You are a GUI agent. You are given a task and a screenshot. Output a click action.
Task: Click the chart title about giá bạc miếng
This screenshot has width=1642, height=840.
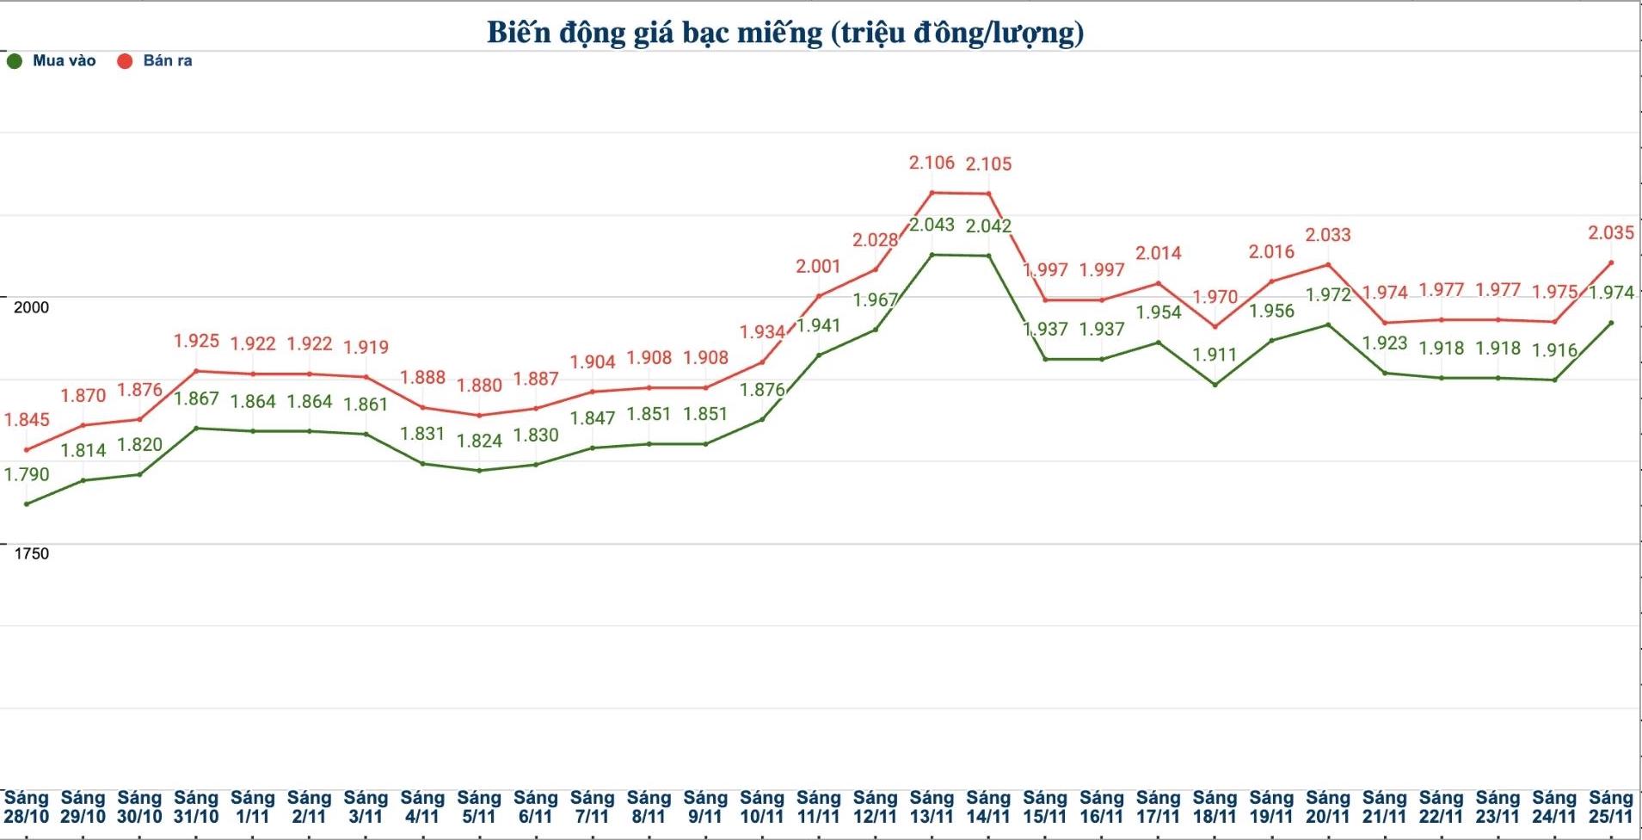pos(784,33)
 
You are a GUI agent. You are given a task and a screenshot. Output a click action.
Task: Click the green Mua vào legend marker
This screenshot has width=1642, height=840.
pos(15,61)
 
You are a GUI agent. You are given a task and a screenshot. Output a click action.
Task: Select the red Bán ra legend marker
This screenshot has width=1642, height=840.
pos(125,61)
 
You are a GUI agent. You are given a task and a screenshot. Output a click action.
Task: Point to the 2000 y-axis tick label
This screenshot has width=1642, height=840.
pos(31,307)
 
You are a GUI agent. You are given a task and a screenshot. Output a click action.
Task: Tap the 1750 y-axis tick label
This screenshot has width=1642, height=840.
pos(31,553)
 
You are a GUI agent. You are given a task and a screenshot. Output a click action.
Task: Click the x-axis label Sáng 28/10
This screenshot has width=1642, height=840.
pos(27,807)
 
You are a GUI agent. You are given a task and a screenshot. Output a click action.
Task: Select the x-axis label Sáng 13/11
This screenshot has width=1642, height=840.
pos(932,807)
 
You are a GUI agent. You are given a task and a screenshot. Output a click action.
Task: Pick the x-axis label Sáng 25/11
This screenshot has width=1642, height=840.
pos(1610,807)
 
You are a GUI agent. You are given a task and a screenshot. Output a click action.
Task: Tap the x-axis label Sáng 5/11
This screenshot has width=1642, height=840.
pos(479,807)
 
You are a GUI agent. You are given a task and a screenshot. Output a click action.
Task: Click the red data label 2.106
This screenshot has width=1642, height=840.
pos(932,163)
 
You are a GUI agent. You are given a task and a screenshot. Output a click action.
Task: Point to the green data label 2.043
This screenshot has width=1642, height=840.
pos(932,225)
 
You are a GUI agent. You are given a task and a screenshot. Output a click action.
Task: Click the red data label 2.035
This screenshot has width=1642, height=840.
pos(1610,232)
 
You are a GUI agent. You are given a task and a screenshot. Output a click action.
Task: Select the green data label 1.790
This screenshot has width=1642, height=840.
pos(27,474)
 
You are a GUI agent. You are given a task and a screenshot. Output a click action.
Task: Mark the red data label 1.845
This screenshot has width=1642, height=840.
pos(27,420)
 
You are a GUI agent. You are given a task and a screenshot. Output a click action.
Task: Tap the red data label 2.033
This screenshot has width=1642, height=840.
pos(1328,235)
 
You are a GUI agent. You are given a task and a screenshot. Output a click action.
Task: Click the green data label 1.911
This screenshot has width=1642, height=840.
pos(1215,355)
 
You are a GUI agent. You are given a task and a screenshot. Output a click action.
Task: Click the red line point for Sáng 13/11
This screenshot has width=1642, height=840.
pos(932,193)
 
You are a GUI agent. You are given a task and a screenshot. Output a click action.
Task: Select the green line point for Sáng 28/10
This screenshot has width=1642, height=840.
pos(27,503)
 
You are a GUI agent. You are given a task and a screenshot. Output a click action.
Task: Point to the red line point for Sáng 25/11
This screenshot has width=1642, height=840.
pos(1610,262)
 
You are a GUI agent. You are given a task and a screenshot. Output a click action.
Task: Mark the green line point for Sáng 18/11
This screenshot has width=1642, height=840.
pos(1215,385)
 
